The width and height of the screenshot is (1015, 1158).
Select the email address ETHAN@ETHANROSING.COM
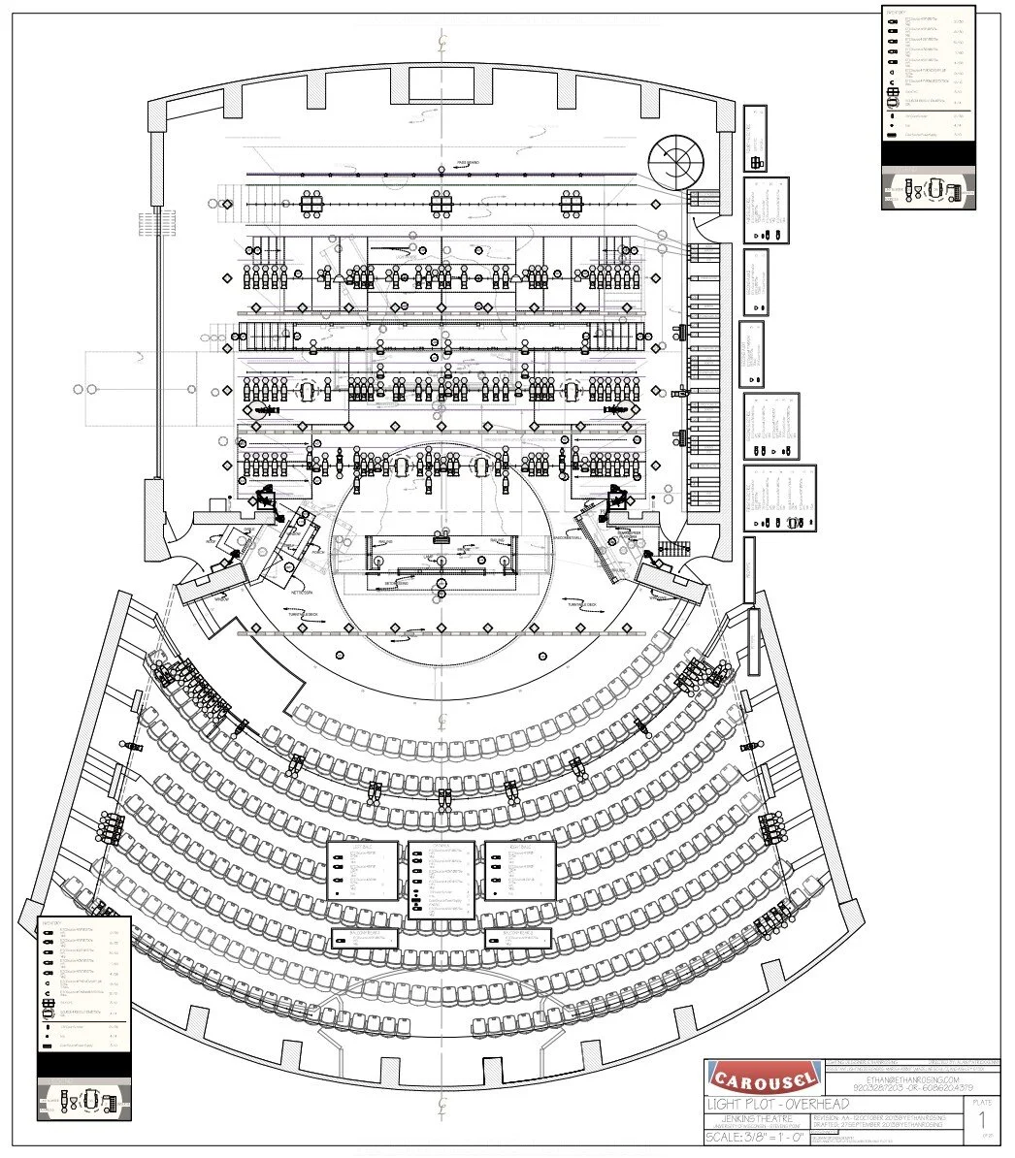coord(906,1078)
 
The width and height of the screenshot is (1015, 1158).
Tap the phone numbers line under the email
coord(906,1088)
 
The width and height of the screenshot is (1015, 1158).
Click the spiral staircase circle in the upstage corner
coord(676,159)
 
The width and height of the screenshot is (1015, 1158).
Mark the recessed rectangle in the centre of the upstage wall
coord(442,82)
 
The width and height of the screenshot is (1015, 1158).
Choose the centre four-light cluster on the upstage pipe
coord(442,203)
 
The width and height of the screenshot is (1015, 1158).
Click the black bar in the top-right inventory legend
coord(926,153)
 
